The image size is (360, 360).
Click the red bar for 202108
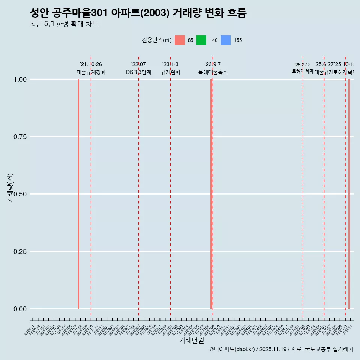[79, 194]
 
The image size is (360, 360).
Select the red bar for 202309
[211, 194]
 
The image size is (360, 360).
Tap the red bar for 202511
[349, 194]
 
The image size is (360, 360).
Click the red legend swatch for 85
[180, 40]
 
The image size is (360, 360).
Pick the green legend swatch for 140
[201, 40]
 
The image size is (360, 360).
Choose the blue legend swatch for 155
[226, 40]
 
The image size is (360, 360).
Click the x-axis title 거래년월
[191, 340]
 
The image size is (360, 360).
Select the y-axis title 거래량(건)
[10, 188]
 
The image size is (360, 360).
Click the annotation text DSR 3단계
[138, 72]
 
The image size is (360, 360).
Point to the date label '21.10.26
[91, 64]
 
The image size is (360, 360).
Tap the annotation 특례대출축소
[213, 72]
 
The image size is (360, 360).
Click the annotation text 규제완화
[170, 72]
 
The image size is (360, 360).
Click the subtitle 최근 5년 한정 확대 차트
[64, 24]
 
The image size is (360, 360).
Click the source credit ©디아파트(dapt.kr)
[232, 349]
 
